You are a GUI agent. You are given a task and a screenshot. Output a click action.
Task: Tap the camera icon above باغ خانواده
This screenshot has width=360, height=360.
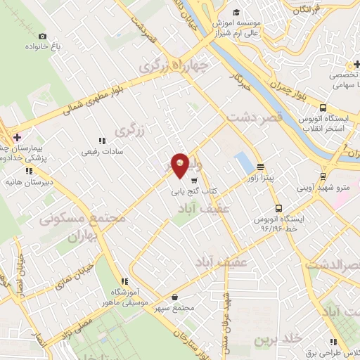click(x=43, y=37)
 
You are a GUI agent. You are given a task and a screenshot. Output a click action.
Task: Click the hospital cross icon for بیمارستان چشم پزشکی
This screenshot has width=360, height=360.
click(x=18, y=136)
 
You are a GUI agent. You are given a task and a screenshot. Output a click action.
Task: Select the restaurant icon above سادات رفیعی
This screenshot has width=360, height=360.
click(x=102, y=141)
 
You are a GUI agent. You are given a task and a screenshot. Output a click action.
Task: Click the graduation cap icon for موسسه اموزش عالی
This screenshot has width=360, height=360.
click(x=237, y=12)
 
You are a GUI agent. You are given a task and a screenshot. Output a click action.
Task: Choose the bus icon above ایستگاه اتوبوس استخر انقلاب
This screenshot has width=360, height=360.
click(x=323, y=108)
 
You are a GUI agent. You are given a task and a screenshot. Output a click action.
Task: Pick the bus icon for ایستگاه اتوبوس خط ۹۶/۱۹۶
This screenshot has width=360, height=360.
click(x=279, y=208)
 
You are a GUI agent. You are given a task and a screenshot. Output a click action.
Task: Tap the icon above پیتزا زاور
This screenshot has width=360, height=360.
click(x=261, y=167)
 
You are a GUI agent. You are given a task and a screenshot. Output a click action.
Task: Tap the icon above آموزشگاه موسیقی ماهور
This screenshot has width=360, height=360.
click(x=124, y=281)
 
